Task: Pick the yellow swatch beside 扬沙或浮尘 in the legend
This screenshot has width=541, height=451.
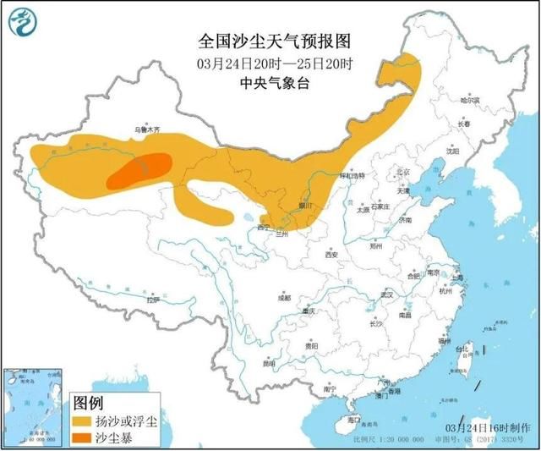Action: click(x=82, y=421)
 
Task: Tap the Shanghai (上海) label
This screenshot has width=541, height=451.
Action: click(x=456, y=278)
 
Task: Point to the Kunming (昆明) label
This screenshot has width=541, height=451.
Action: click(x=269, y=364)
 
